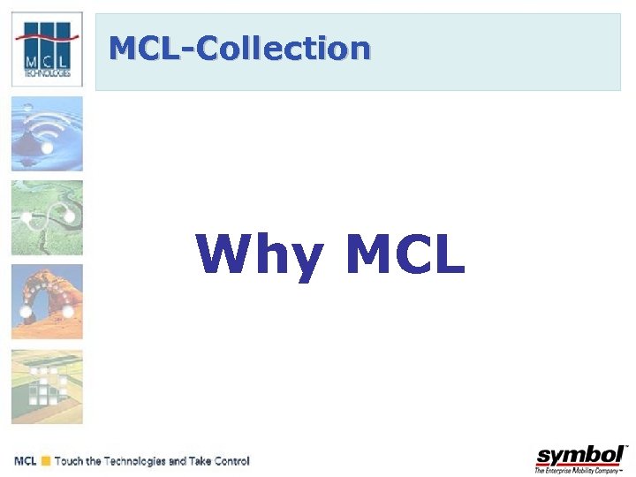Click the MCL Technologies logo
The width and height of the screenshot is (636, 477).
pos(47,49)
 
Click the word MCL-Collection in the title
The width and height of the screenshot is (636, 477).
pos(239,49)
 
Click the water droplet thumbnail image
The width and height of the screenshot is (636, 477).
pos(47,133)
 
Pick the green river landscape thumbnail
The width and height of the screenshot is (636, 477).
pos(47,218)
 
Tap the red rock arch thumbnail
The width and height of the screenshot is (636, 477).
pos(47,302)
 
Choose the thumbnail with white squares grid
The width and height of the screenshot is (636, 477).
pos(47,386)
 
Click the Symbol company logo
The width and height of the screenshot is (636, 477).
pos(581,456)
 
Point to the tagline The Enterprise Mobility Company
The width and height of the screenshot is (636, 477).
pos(579,471)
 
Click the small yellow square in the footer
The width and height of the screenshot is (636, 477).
pos(44,461)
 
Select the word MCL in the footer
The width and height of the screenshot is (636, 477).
pos(26,461)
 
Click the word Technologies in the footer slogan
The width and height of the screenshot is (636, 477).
pos(135,461)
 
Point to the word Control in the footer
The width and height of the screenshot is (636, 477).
pos(231,461)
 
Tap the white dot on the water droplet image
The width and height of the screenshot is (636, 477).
pos(47,148)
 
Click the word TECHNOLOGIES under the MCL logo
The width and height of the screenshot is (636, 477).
pos(47,75)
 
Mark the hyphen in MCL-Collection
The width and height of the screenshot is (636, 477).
pos(188,50)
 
